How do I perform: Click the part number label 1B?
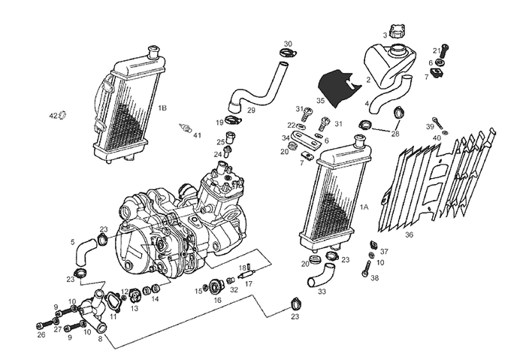click(x=162, y=108)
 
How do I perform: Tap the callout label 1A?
click(x=364, y=206)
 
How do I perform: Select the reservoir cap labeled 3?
click(x=398, y=32)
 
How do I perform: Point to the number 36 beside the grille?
click(x=409, y=234)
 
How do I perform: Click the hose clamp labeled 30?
click(x=286, y=53)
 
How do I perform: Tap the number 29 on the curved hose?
click(x=251, y=110)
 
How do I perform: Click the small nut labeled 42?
click(x=63, y=115)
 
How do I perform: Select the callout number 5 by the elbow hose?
click(x=73, y=242)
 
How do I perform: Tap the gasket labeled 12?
click(x=125, y=292)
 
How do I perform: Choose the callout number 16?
click(x=218, y=300)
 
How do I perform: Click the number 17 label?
click(x=249, y=285)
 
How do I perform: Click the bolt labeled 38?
click(x=366, y=265)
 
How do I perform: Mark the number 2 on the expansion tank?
click(x=369, y=80)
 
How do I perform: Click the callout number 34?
click(x=285, y=138)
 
